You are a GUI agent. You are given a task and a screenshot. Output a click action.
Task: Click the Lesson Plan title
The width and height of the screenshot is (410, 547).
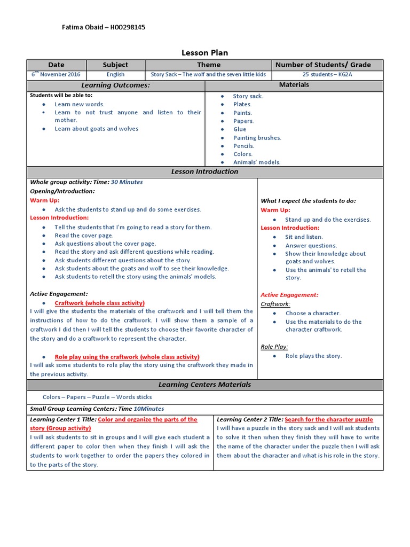205,53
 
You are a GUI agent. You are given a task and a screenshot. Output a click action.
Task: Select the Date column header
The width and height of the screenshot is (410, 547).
56,65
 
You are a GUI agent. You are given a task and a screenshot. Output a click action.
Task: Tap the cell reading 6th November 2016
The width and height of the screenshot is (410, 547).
56,75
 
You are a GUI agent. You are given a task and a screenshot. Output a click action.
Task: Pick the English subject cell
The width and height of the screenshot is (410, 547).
115,75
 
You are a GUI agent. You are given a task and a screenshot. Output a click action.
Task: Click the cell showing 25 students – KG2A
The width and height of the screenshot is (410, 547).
327,75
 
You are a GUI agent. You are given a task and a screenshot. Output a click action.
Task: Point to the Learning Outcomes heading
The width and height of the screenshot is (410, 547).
115,85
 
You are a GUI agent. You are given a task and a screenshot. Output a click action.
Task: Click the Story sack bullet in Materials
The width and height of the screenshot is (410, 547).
248,96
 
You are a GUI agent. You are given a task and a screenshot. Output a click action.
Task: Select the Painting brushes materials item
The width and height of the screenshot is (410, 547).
257,138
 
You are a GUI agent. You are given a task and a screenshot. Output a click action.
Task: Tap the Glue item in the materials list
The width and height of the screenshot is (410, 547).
240,129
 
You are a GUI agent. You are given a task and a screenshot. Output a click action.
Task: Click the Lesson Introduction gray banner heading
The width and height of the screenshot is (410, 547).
204,171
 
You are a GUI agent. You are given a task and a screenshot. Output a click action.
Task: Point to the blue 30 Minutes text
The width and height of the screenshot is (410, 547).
127,182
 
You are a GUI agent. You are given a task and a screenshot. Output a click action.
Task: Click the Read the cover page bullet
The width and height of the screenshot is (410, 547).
84,236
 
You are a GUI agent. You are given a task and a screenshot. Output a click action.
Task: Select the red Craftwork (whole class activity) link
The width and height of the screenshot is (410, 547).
99,303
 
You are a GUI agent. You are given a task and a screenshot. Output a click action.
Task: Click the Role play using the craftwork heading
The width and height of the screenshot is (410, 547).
127,357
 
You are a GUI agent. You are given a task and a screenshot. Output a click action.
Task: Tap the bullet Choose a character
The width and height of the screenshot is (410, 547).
313,314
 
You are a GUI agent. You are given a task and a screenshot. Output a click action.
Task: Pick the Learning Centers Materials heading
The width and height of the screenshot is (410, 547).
204,385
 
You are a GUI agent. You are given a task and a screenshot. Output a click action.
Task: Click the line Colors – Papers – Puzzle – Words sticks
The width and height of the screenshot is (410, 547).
97,397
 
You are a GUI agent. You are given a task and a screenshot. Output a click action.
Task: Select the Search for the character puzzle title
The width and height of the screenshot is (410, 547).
329,419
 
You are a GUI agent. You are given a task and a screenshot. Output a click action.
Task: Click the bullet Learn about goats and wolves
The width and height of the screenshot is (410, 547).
96,129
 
